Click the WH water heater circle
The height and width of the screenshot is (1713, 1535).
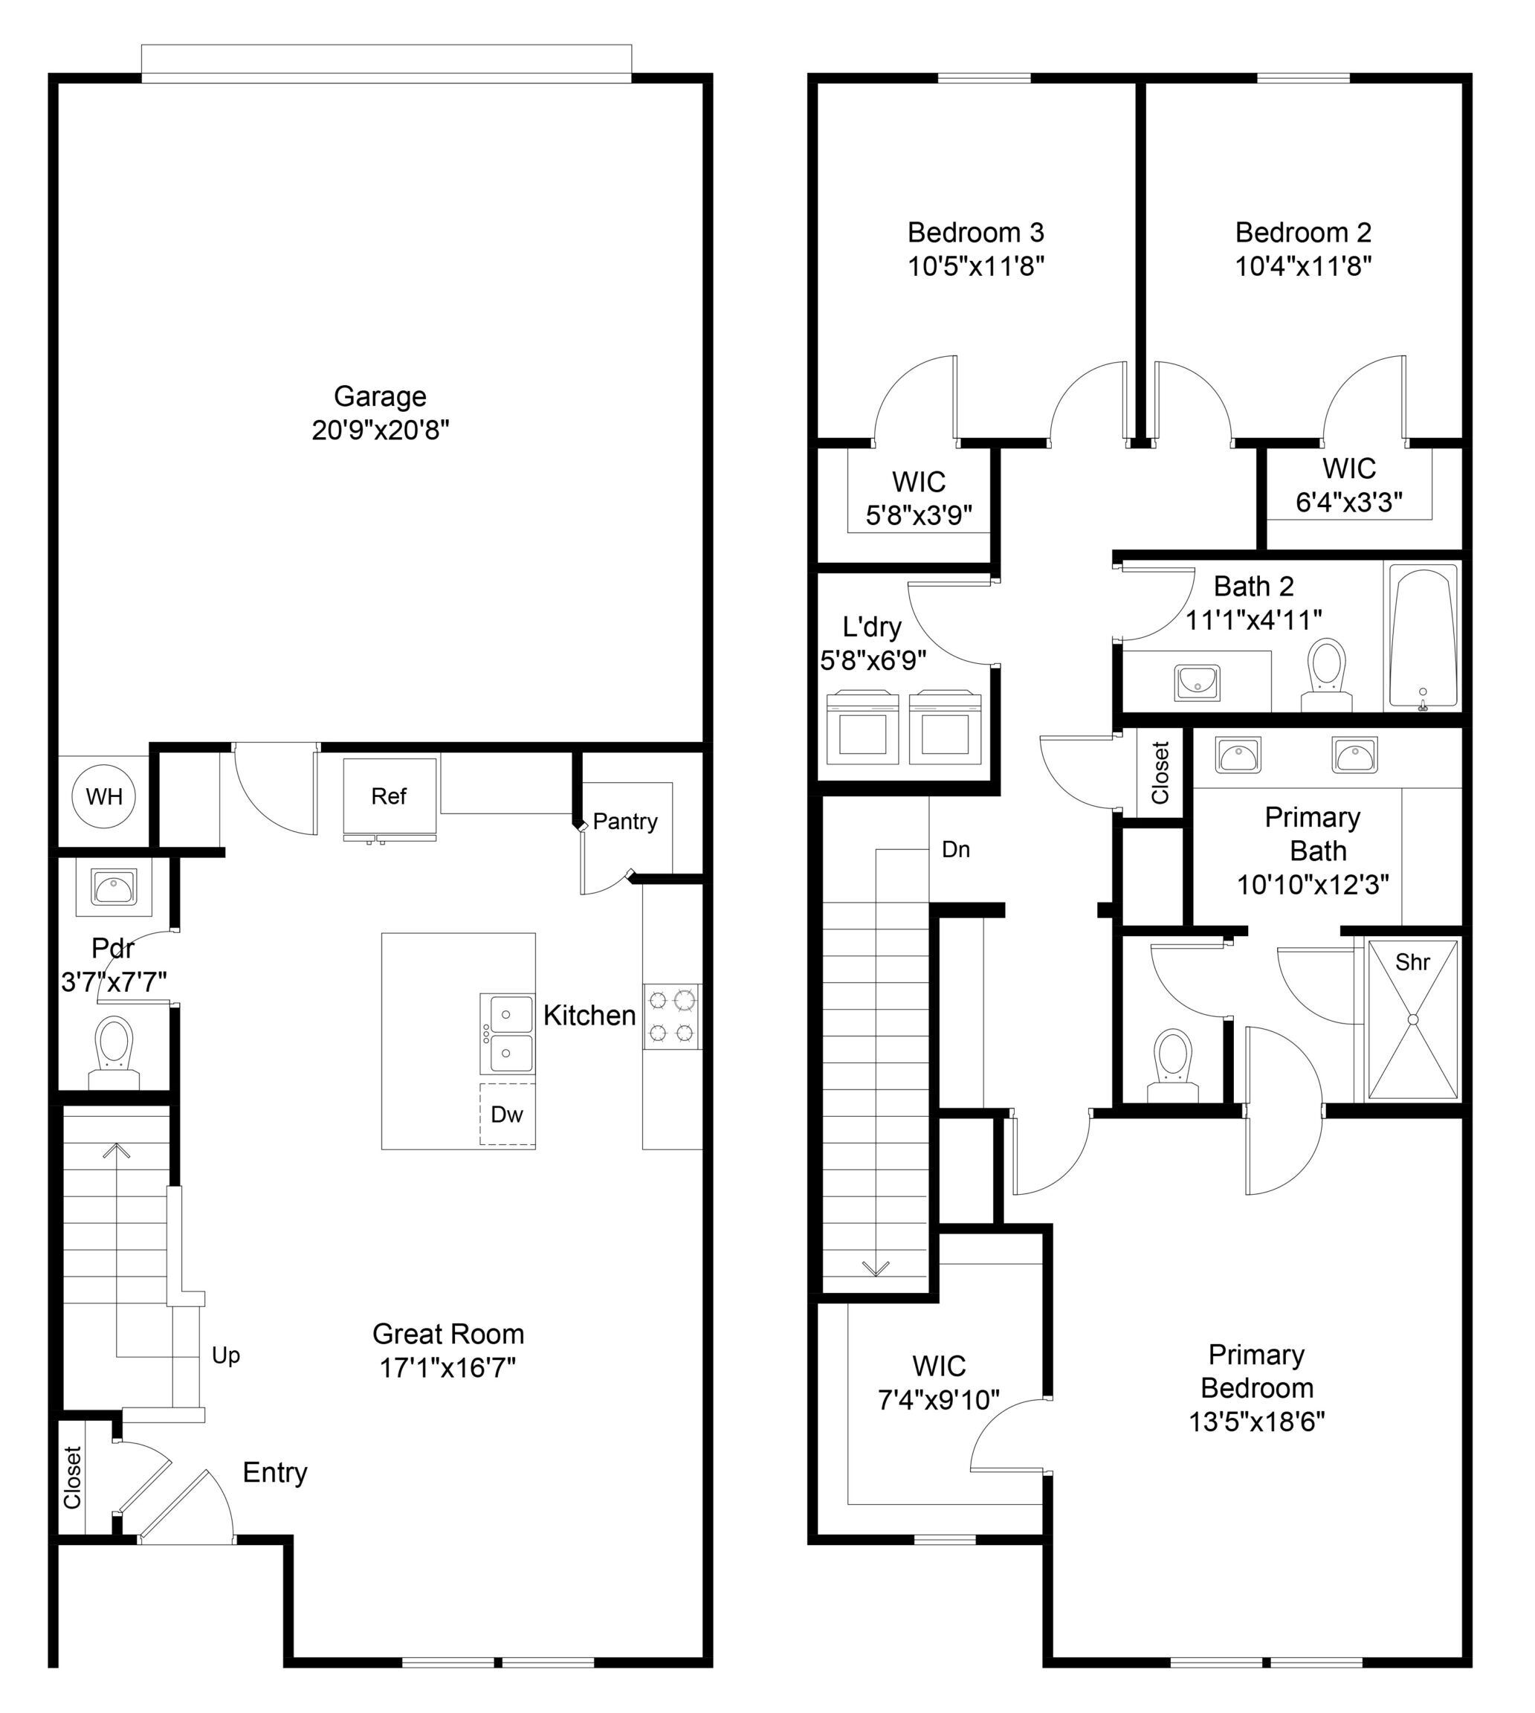(x=104, y=796)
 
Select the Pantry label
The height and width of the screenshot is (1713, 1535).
(x=625, y=822)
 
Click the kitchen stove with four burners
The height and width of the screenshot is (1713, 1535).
(x=672, y=1016)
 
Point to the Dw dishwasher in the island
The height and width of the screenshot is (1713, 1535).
(x=508, y=1114)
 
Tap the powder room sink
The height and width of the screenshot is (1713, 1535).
(x=114, y=887)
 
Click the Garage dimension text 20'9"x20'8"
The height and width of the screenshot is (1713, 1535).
(x=381, y=431)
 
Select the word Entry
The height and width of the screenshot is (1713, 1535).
(x=275, y=1473)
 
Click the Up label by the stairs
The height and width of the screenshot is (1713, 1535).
(x=226, y=1355)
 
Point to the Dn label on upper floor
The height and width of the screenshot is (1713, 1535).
(x=956, y=849)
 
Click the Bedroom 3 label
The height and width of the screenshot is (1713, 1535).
(x=976, y=232)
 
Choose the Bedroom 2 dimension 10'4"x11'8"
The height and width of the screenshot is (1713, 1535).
(x=1304, y=266)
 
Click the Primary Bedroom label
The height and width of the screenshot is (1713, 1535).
(x=1257, y=1372)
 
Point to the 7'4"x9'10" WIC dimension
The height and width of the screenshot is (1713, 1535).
(x=939, y=1401)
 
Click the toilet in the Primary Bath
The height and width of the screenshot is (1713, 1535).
(x=1172, y=1065)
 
